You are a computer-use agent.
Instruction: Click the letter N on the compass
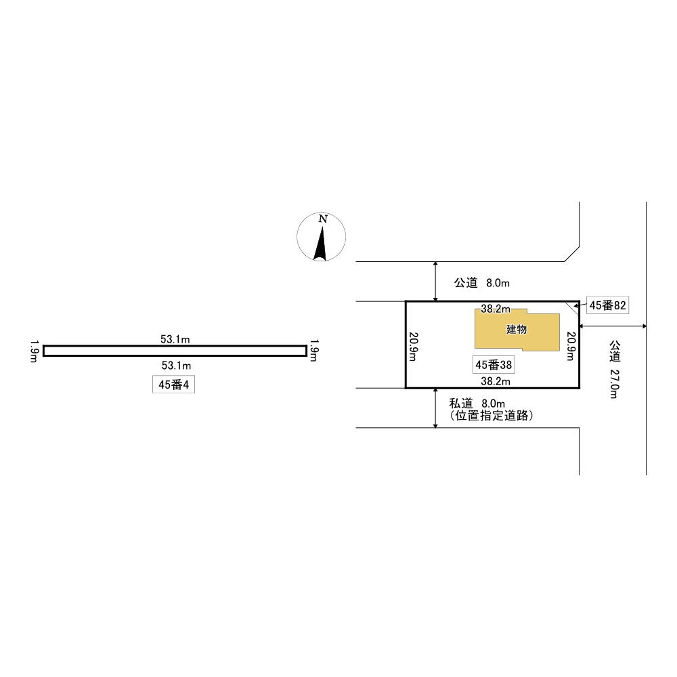(323, 219)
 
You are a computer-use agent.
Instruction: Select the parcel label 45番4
(173, 385)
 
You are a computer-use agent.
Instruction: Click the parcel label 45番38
(494, 365)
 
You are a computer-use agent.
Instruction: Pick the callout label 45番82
(607, 305)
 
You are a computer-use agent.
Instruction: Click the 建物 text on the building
(517, 330)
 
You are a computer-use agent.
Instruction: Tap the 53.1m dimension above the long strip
(175, 339)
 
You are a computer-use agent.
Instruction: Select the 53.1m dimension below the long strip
(176, 366)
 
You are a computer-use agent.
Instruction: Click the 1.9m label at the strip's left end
(34, 351)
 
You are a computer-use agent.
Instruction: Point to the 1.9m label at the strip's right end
(314, 351)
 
